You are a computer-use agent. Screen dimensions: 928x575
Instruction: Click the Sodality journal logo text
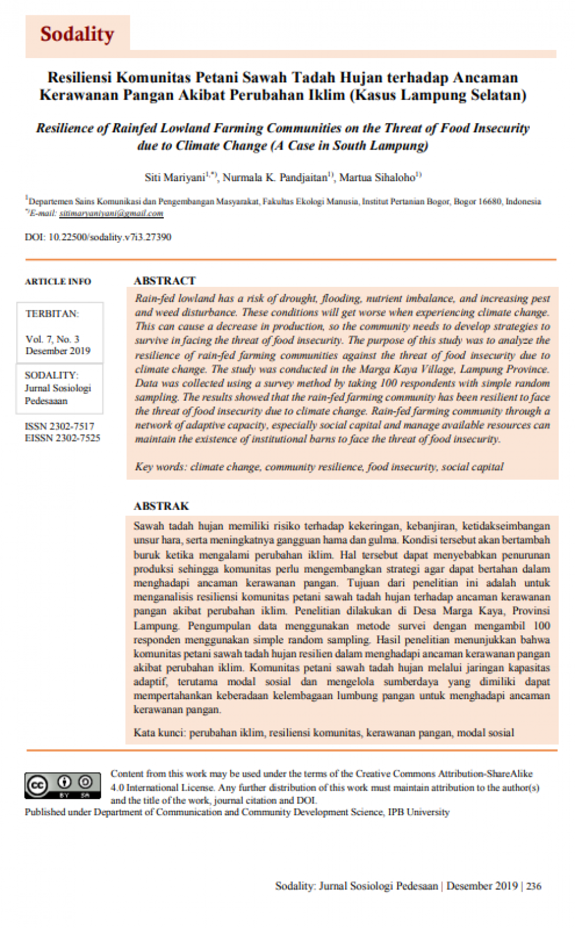coord(77,34)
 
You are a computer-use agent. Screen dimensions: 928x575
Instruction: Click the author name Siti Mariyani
coord(174,178)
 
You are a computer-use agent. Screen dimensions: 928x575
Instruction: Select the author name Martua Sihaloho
coord(377,178)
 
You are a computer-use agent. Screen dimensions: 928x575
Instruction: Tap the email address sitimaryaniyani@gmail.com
coord(111,213)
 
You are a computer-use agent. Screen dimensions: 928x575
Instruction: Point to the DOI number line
coord(98,237)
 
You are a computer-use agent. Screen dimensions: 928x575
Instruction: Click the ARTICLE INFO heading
coord(57,281)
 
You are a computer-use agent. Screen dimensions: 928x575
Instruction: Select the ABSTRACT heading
coord(164,281)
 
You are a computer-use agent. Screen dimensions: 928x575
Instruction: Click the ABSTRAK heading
coord(161,506)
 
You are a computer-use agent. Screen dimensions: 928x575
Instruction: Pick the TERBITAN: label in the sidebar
coord(52,313)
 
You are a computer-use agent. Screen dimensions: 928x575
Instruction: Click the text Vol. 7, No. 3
coord(52,339)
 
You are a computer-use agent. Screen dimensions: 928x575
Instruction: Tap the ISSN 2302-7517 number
coord(59,426)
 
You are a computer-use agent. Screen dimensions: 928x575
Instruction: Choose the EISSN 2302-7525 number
coord(62,438)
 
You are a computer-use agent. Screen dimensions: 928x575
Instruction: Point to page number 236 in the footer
coord(534,886)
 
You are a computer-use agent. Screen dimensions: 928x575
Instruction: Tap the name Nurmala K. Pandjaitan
coord(275,178)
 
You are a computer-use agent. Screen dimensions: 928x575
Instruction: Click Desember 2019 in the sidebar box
coord(57,351)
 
